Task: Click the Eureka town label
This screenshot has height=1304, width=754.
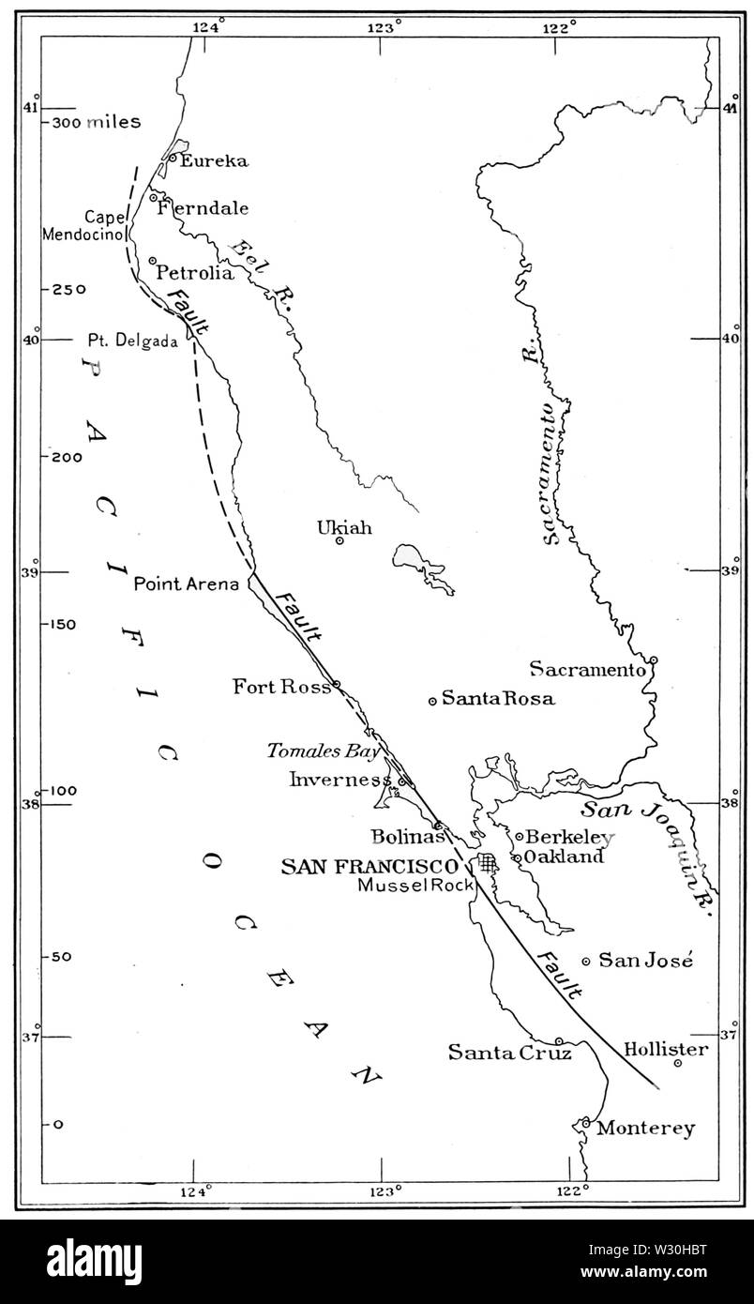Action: tap(214, 160)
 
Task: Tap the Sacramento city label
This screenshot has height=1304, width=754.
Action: tap(587, 669)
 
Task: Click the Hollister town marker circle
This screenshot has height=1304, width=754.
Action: tap(677, 1062)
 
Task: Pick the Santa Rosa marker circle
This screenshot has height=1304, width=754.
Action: tap(432, 700)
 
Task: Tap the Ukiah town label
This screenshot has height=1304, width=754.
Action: tap(344, 528)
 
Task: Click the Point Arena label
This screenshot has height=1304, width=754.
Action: tap(188, 584)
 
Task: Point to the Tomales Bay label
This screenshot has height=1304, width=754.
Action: tap(323, 751)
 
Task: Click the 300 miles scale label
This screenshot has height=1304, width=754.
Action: tap(96, 123)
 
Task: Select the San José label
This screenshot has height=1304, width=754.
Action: tap(645, 960)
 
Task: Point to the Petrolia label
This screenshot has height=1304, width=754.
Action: tap(194, 273)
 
